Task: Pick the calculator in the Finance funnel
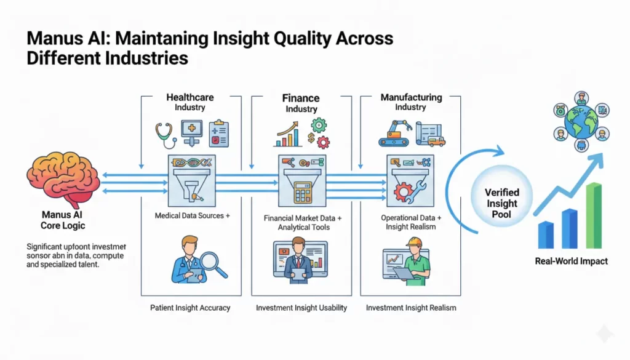(301, 191)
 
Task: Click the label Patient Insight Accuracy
(189, 307)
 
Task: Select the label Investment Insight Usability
(301, 307)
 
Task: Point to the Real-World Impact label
(572, 261)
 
